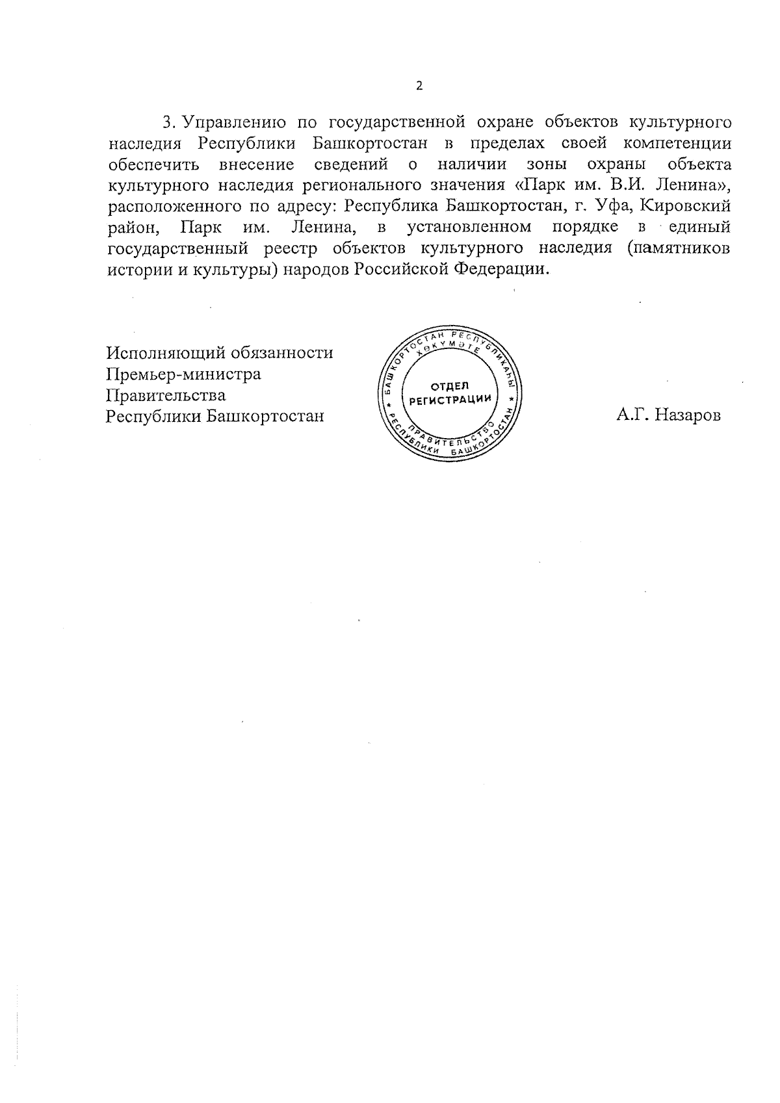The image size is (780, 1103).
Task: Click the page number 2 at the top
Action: [x=419, y=86]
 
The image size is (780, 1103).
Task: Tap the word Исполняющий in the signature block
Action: [x=161, y=354]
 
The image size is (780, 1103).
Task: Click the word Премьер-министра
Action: [x=183, y=374]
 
